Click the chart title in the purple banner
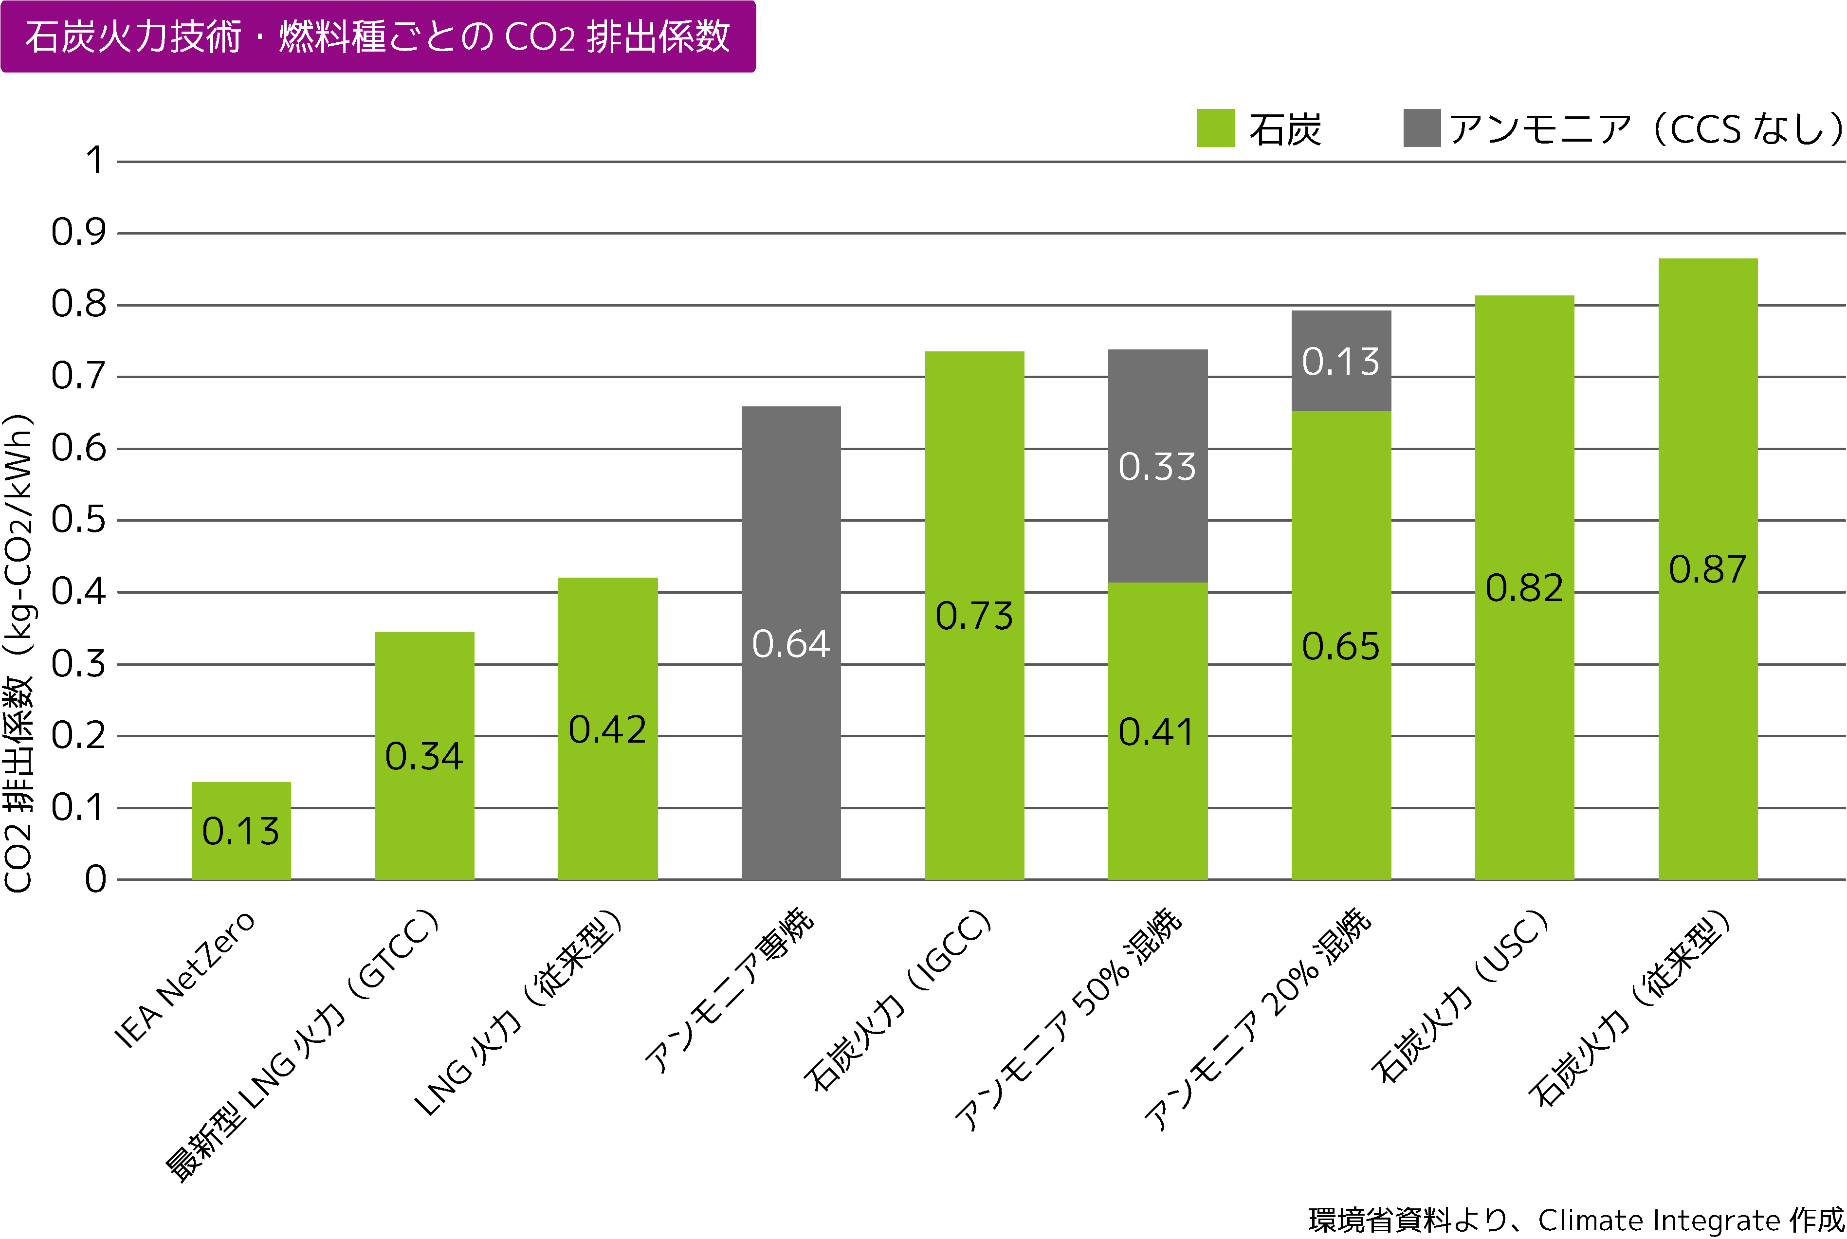[378, 37]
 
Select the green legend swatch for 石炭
[1215, 128]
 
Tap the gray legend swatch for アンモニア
[1421, 128]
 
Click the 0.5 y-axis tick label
[78, 520]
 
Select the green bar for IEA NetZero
[241, 830]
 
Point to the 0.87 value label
[1707, 569]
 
